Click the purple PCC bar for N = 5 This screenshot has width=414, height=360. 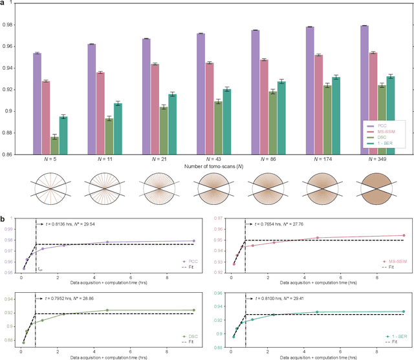pyautogui.click(x=37, y=103)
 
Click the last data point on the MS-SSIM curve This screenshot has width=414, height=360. pyautogui.click(x=403, y=235)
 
